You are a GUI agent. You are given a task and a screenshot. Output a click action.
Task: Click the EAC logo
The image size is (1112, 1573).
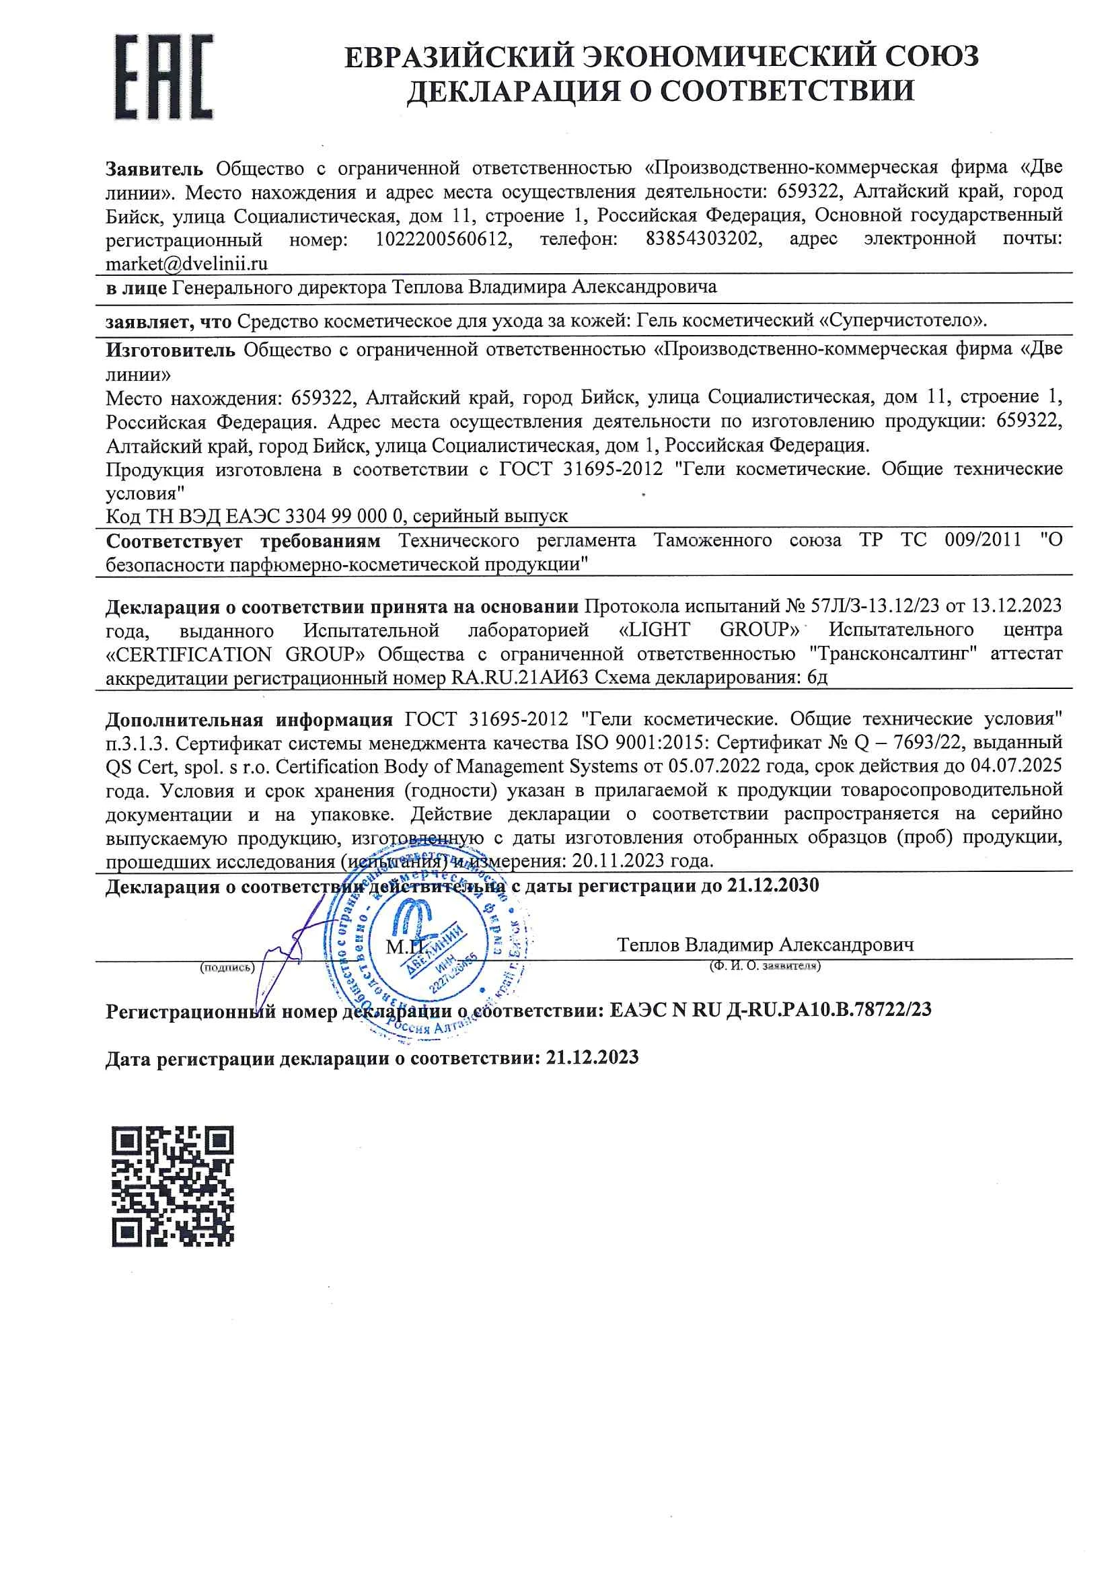click(163, 77)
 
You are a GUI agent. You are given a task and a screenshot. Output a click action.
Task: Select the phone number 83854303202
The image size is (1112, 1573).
click(704, 239)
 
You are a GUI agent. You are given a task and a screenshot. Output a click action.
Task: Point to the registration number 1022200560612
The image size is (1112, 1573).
click(443, 239)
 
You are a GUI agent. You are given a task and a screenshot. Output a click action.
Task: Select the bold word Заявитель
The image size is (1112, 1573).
click(154, 168)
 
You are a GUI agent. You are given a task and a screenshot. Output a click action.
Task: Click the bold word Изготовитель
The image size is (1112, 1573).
click(171, 350)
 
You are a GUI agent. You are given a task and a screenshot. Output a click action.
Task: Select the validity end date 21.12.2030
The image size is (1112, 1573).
click(773, 885)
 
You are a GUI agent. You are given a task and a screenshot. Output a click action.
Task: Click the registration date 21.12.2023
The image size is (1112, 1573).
click(593, 1058)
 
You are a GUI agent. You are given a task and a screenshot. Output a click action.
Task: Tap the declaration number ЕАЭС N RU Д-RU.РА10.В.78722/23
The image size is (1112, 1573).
click(770, 1010)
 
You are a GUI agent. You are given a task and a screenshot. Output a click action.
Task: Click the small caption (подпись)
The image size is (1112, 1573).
click(227, 967)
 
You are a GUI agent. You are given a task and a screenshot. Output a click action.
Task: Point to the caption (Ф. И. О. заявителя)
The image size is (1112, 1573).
click(765, 966)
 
